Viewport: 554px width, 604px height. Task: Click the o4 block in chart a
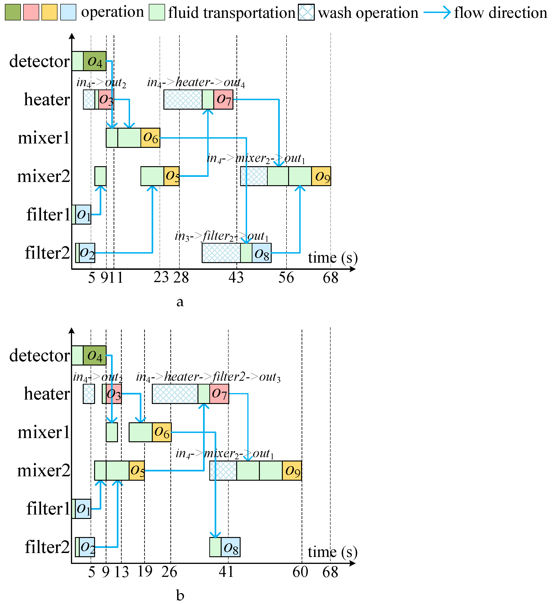95,61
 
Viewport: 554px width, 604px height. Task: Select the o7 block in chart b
219,394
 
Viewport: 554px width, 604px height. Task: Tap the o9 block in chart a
321,176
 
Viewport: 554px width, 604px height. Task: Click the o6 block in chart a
150,138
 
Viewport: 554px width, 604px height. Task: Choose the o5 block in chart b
137,470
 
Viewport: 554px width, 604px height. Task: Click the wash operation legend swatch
306,12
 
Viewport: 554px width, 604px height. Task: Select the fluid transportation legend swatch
157,12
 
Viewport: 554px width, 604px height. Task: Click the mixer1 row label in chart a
44,138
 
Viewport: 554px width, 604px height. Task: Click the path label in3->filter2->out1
222,236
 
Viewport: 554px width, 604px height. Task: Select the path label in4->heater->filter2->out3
208,377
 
